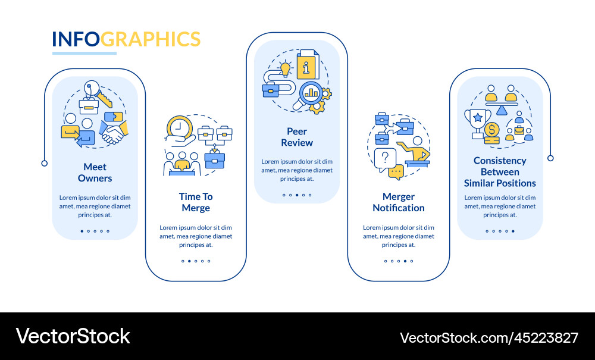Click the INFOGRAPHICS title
(x=126, y=39)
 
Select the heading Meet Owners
(x=95, y=173)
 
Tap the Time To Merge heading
(x=196, y=202)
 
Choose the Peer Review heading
(x=297, y=137)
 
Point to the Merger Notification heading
(x=399, y=202)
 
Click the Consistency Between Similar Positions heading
(x=500, y=172)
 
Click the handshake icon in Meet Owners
(x=114, y=132)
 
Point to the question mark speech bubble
(x=385, y=158)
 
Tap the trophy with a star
(x=477, y=120)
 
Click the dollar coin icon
(x=492, y=129)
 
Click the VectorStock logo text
(x=73, y=336)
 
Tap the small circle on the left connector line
(x=44, y=163)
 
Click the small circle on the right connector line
(x=550, y=158)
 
